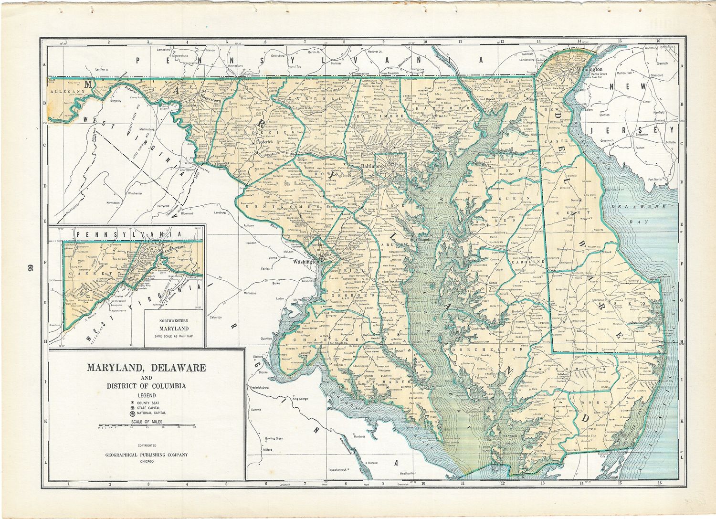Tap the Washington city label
pos(305,262)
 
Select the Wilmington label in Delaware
pos(590,69)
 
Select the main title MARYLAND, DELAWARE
pos(146,368)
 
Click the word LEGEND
pos(147,395)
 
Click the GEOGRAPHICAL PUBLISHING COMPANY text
pos(147,455)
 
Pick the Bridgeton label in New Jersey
pos(641,135)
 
